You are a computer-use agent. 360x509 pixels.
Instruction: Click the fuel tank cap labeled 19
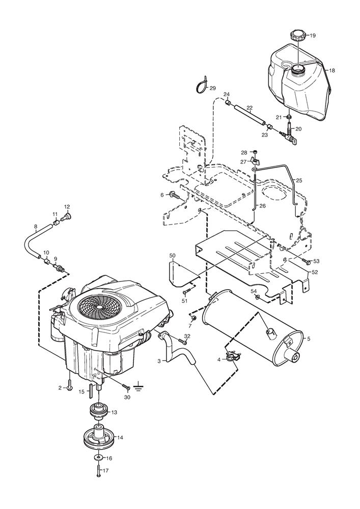(x=297, y=37)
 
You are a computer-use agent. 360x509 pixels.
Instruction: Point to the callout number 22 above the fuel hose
(x=250, y=108)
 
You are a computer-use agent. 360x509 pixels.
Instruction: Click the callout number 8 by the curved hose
(x=36, y=226)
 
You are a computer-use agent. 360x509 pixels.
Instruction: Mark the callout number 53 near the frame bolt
(x=316, y=261)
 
